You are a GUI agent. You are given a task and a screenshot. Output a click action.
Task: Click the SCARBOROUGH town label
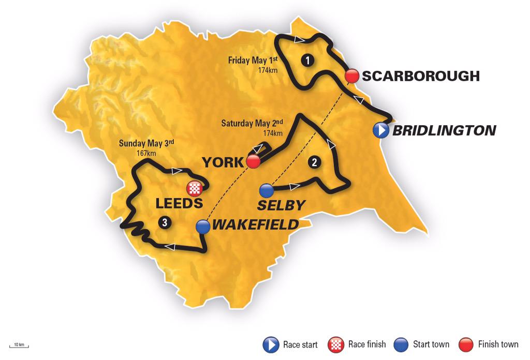click(421, 76)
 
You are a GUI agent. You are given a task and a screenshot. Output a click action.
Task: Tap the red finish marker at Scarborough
click(352, 76)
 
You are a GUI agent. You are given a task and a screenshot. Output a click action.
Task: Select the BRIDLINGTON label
click(444, 130)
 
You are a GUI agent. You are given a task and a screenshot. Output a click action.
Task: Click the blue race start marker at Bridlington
click(381, 130)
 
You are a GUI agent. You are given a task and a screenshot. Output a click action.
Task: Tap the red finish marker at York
click(253, 161)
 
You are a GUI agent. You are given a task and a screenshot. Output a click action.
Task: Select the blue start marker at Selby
click(266, 190)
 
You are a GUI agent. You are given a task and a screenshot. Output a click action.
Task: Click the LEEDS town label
click(179, 203)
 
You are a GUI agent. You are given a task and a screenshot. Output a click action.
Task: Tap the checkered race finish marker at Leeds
click(194, 188)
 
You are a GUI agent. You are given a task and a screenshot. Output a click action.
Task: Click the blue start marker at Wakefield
click(203, 226)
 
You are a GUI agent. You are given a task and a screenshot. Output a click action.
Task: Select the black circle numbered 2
click(314, 162)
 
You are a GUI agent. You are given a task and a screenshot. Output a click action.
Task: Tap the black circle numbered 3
click(164, 222)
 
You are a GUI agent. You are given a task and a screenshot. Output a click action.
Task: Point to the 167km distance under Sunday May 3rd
click(146, 153)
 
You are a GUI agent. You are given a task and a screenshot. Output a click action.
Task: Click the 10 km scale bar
click(19, 346)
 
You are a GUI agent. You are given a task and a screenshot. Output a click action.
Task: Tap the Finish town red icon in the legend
click(467, 344)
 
